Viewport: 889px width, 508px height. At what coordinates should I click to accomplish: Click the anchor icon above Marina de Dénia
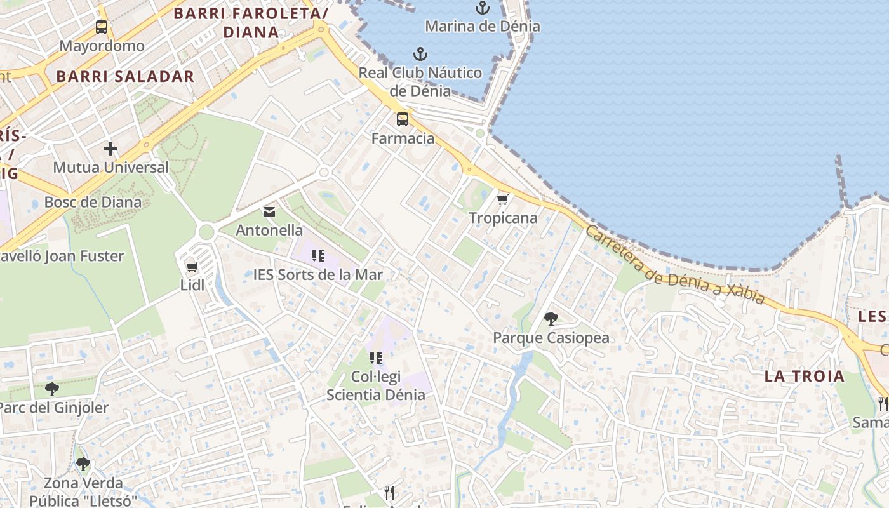pyautogui.click(x=483, y=8)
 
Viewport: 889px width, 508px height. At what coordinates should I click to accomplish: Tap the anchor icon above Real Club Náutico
pyautogui.click(x=420, y=54)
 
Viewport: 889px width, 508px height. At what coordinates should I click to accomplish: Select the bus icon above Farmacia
pyautogui.click(x=403, y=119)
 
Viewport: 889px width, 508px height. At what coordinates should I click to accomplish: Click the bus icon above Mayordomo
pyautogui.click(x=102, y=27)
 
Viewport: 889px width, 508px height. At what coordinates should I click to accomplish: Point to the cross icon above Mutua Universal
pyautogui.click(x=110, y=149)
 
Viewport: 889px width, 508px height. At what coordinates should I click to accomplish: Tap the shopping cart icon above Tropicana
pyautogui.click(x=503, y=199)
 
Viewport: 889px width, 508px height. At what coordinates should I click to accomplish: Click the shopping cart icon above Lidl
pyautogui.click(x=192, y=267)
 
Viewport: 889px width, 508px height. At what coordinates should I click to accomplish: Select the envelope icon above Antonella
pyautogui.click(x=269, y=211)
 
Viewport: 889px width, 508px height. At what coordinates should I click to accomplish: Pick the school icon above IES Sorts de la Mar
pyautogui.click(x=318, y=256)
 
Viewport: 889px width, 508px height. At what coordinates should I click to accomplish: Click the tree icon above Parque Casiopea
pyautogui.click(x=551, y=319)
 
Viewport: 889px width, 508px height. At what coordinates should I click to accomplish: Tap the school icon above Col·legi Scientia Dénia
pyautogui.click(x=376, y=358)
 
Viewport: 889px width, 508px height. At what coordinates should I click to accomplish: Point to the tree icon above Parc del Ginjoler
pyautogui.click(x=52, y=389)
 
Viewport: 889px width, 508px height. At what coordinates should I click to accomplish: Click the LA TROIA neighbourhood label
pyautogui.click(x=805, y=376)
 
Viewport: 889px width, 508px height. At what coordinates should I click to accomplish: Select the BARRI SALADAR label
pyautogui.click(x=125, y=77)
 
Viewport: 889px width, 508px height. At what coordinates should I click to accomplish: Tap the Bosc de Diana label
pyautogui.click(x=93, y=203)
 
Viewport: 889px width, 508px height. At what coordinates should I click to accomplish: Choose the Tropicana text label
pyautogui.click(x=503, y=218)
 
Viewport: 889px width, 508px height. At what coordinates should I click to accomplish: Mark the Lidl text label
pyautogui.click(x=192, y=285)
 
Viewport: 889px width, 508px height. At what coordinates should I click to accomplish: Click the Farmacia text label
pyautogui.click(x=403, y=138)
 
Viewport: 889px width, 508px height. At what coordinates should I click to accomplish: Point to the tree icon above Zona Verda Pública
pyautogui.click(x=83, y=464)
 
